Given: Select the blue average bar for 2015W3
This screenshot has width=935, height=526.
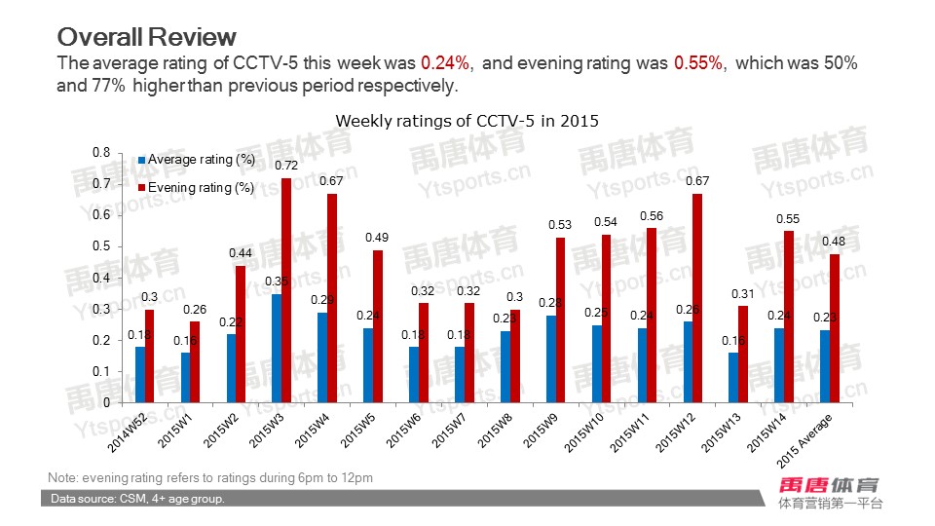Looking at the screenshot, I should pos(277,348).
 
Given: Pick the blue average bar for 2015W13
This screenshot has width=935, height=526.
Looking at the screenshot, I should pos(732,377).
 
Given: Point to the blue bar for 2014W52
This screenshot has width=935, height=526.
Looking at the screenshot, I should pos(140,374).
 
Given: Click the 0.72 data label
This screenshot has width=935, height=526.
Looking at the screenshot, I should pos(285,167).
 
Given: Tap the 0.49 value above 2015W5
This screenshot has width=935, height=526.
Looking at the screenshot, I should pos(377,238).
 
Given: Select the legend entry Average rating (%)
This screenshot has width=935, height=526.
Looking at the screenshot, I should pos(201,160).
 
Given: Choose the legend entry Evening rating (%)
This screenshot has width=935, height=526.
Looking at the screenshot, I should pos(201,188).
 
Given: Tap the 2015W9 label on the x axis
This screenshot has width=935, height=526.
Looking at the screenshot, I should pos(542,430).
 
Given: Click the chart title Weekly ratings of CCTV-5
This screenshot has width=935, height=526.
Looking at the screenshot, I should pos(467,121).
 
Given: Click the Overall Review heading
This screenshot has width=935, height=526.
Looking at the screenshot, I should pos(146,37).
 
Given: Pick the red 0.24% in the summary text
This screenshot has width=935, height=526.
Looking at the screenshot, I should pos(445,63).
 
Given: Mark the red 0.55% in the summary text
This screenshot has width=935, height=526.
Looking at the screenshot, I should pos(698,63).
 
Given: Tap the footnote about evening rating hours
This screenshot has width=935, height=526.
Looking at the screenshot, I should pos(210,477).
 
